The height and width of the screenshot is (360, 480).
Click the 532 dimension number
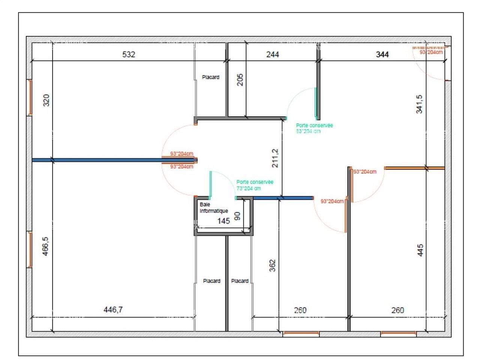pyautogui.click(x=128, y=54)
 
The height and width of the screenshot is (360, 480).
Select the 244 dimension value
pyautogui.click(x=273, y=54)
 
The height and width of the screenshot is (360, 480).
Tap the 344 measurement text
pyautogui.click(x=382, y=54)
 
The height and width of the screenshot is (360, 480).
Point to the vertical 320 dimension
pyautogui.click(x=46, y=100)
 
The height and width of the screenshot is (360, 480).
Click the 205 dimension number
pyautogui.click(x=240, y=79)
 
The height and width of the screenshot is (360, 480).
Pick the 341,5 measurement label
pyautogui.click(x=419, y=104)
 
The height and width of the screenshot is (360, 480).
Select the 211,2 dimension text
pyautogui.click(x=275, y=158)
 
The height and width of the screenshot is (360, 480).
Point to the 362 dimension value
pyautogui.click(x=273, y=266)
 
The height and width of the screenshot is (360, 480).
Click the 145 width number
pyautogui.click(x=223, y=221)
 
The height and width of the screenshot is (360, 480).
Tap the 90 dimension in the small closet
pyautogui.click(x=237, y=216)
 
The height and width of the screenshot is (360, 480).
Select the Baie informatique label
pyautogui.click(x=213, y=208)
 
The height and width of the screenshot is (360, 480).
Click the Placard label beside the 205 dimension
pyautogui.click(x=210, y=77)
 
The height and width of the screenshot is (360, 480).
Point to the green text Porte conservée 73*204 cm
pyautogui.click(x=255, y=185)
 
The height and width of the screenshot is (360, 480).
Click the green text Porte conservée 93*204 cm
pyautogui.click(x=314, y=128)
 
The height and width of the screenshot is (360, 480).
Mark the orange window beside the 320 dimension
pyautogui.click(x=30, y=97)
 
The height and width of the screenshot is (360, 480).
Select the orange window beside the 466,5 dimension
pyautogui.click(x=30, y=249)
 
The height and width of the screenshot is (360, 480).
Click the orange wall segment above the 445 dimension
pyautogui.click(x=414, y=168)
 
